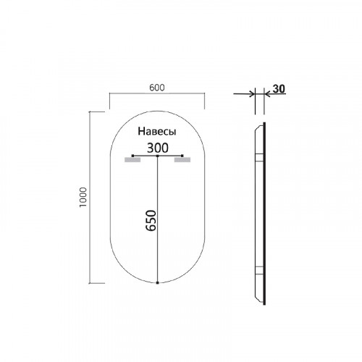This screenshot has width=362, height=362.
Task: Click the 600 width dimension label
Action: pyautogui.click(x=157, y=88)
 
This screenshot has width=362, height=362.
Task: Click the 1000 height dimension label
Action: pyautogui.click(x=83, y=197)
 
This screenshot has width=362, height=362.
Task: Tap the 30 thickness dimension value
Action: pyautogui.click(x=279, y=89)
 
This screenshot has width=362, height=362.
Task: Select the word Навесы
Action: pyautogui.click(x=157, y=132)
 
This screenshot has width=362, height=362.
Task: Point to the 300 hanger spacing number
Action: pyautogui.click(x=158, y=148)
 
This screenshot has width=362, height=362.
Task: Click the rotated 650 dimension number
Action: pyautogui.click(x=151, y=221)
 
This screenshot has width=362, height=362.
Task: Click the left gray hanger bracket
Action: pyautogui.click(x=132, y=160)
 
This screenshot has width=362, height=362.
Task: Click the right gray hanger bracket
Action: pyautogui.click(x=182, y=160)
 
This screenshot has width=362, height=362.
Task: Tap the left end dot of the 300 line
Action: pyautogui.click(x=132, y=156)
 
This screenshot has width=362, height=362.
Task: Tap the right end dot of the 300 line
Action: pyautogui.click(x=182, y=156)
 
